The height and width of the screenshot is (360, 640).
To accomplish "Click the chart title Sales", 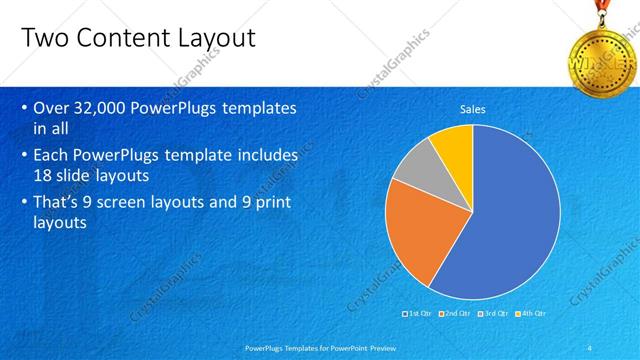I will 472,109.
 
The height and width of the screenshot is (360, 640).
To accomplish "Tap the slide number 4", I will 589,347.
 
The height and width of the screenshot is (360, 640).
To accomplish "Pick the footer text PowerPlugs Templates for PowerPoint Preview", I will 319,347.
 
